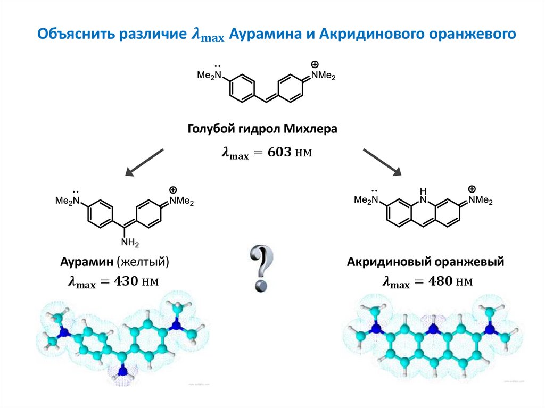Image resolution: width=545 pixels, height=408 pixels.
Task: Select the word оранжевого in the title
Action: pos(474,35)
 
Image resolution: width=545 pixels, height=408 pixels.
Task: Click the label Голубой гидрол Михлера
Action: pos(262,129)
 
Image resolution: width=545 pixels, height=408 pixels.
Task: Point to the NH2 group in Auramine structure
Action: pos(130,243)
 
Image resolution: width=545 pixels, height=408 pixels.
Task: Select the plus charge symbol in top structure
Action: pos(317,63)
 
